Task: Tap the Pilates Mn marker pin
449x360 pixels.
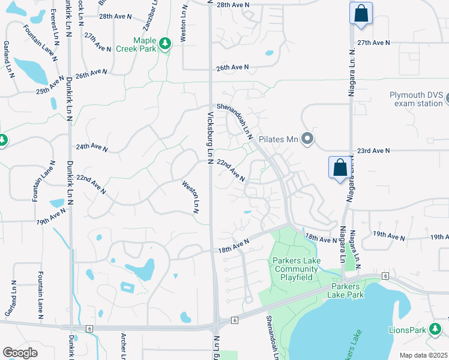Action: pyautogui.click(x=307, y=140)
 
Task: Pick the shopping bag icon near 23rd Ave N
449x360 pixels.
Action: pyautogui.click(x=340, y=167)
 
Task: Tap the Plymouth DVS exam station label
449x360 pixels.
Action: pyautogui.click(x=416, y=99)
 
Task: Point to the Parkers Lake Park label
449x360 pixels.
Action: pyautogui.click(x=355, y=290)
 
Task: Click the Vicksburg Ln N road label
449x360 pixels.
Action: pyautogui.click(x=211, y=135)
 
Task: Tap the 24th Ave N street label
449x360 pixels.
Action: pyautogui.click(x=92, y=148)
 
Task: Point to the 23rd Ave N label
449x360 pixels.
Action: pyautogui.click(x=373, y=151)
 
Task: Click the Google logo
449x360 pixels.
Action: pyautogui.click(x=20, y=353)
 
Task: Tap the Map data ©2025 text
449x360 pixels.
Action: pyautogui.click(x=423, y=355)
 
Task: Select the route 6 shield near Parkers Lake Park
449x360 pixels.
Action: pyautogui.click(x=384, y=275)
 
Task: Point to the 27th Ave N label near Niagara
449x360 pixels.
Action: pyautogui.click(x=373, y=43)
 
